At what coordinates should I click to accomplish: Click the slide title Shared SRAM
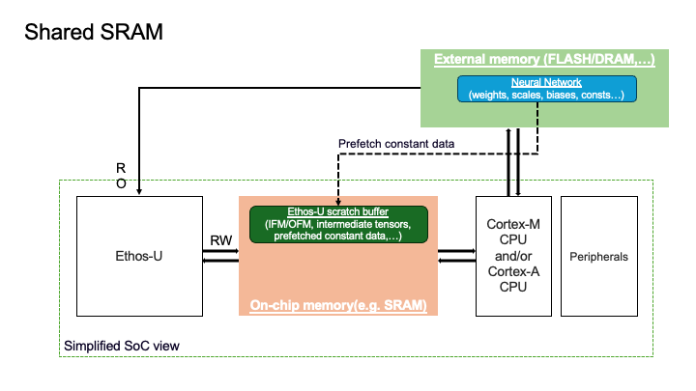coord(93,31)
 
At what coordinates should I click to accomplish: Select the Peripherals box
coord(598,257)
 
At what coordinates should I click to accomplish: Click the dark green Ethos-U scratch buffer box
coord(338,224)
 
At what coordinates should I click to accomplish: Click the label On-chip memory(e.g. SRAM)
coord(338,305)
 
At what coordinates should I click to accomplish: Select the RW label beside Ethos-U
coord(219,239)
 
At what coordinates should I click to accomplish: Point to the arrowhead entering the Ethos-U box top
coord(140,191)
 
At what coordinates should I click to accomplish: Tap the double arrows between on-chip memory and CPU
coord(456,257)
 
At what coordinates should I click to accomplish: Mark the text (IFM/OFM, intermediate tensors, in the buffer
coord(338,224)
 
